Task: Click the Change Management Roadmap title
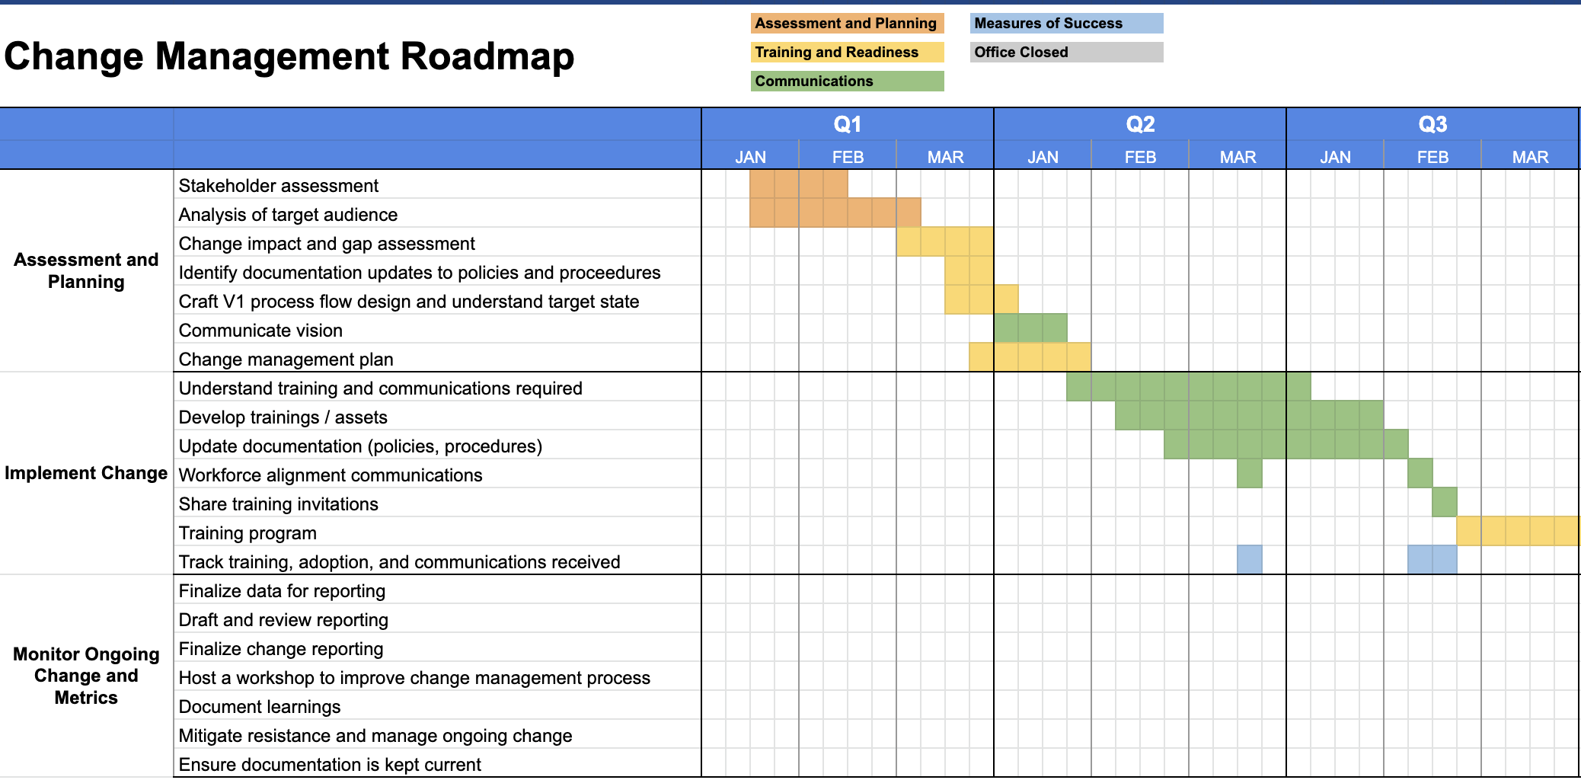[x=289, y=56]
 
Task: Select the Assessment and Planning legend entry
[x=847, y=24]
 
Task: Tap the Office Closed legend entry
[x=1066, y=53]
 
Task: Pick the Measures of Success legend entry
[x=1066, y=24]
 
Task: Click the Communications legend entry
[x=847, y=82]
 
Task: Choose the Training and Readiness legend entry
[x=847, y=53]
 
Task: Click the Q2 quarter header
[x=1140, y=124]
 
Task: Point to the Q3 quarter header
[x=1432, y=124]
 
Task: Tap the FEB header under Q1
[x=848, y=157]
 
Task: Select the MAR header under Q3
[x=1530, y=157]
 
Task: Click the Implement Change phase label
[x=86, y=473]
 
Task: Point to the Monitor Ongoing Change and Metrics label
[x=86, y=676]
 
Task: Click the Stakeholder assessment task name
[x=278, y=186]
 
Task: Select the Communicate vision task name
[x=260, y=331]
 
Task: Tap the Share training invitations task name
[x=278, y=504]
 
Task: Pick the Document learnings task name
[x=260, y=707]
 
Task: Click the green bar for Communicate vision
[x=1030, y=328]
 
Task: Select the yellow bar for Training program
[x=1518, y=531]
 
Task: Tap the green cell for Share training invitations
[x=1445, y=502]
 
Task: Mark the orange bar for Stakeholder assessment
[x=799, y=184]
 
